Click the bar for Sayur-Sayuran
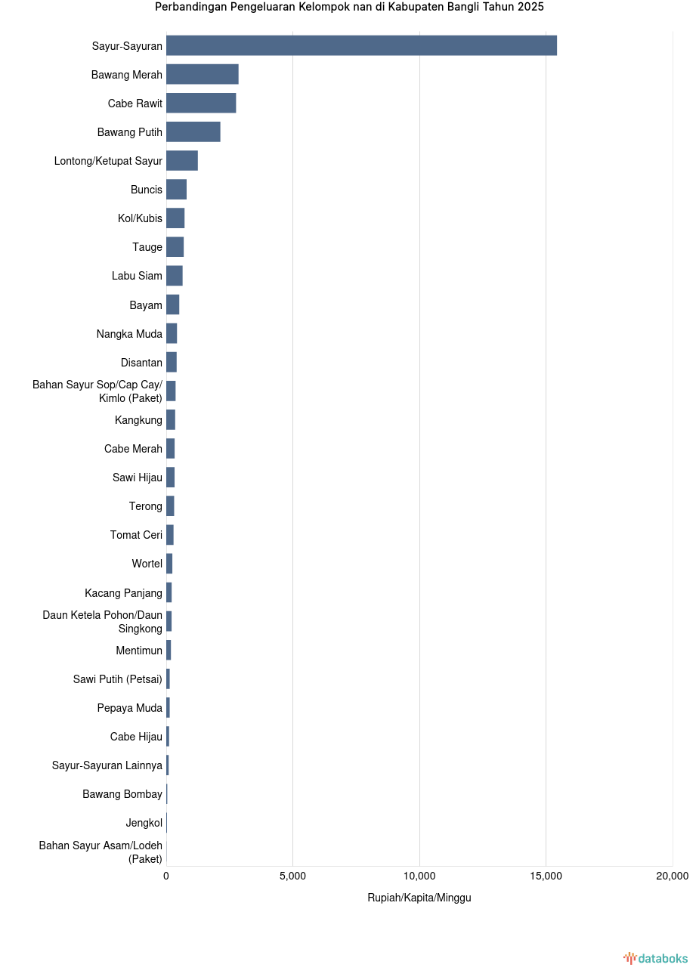point(361,45)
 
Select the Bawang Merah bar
point(203,74)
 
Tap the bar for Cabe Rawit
point(201,103)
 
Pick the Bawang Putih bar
point(193,131)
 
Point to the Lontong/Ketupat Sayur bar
point(182,160)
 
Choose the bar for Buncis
point(176,189)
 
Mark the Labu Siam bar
point(175,276)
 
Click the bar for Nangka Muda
point(172,333)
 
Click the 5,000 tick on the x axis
point(292,876)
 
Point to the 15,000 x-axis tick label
point(546,876)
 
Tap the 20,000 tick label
point(672,876)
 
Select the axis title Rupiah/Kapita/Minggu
point(419,898)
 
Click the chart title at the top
point(349,7)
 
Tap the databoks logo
point(655,958)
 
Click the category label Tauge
point(147,247)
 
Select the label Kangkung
point(138,420)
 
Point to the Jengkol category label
point(144,823)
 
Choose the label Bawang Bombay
point(122,794)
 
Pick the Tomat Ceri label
point(136,535)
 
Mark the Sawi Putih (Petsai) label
point(118,679)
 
